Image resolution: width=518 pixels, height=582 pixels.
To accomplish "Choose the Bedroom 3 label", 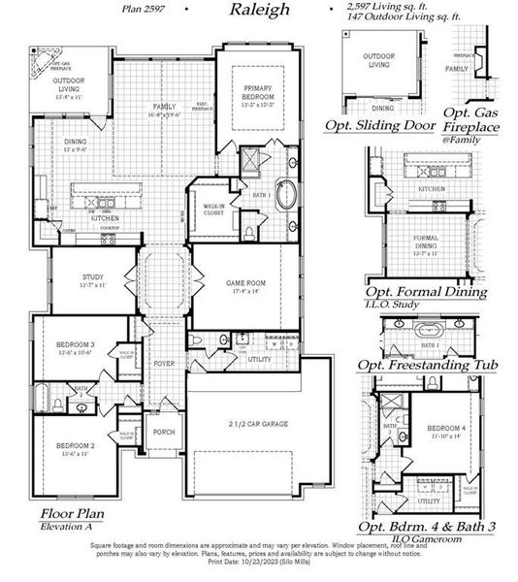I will [x=74, y=349].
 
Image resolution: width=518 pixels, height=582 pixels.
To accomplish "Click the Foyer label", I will [x=163, y=366].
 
